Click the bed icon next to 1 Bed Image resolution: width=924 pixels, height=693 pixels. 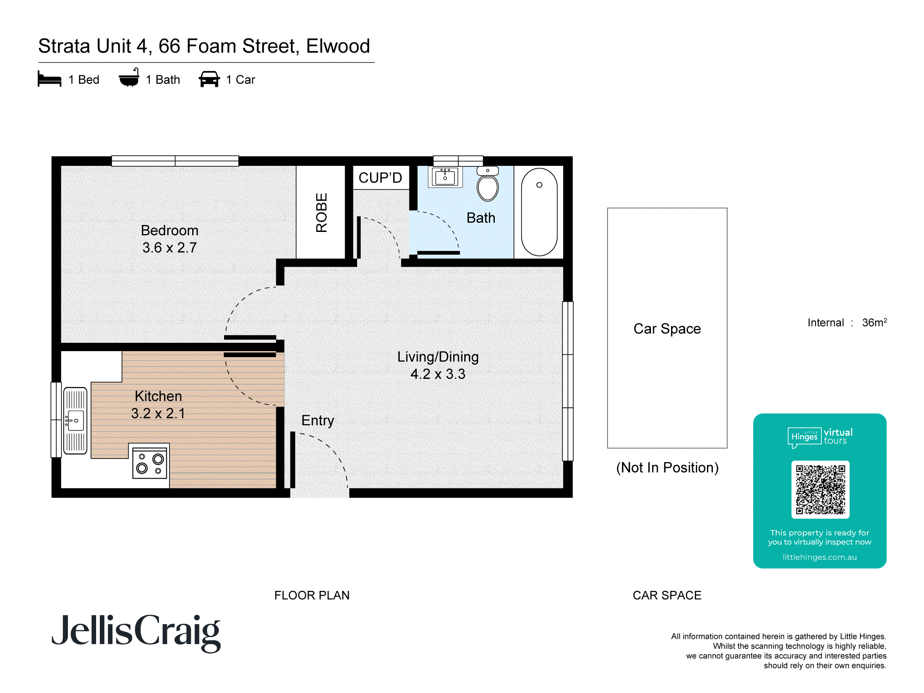(49, 79)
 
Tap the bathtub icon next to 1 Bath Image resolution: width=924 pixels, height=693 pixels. (129, 78)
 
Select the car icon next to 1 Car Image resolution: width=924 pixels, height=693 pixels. (209, 79)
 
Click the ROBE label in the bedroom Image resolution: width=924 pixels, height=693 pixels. (322, 213)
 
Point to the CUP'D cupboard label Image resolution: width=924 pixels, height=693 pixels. (380, 178)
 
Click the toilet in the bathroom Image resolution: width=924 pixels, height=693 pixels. (487, 185)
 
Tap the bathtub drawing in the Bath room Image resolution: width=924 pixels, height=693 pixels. (539, 212)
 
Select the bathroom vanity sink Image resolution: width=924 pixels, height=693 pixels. (445, 177)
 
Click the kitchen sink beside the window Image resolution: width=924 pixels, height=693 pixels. (75, 420)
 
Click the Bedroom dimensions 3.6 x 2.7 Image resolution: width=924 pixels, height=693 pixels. (170, 248)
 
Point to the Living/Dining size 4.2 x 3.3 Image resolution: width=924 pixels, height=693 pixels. (438, 374)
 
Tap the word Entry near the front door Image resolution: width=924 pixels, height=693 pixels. (317, 420)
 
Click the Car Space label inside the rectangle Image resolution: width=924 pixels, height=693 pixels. (667, 328)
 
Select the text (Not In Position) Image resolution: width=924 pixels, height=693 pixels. (667, 468)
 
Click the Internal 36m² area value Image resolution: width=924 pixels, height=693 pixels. (874, 322)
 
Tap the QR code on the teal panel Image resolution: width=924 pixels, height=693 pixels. (820, 490)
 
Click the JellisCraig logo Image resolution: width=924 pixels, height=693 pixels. (136, 632)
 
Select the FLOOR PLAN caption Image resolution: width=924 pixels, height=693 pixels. (312, 595)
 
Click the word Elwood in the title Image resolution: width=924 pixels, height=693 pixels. (338, 46)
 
